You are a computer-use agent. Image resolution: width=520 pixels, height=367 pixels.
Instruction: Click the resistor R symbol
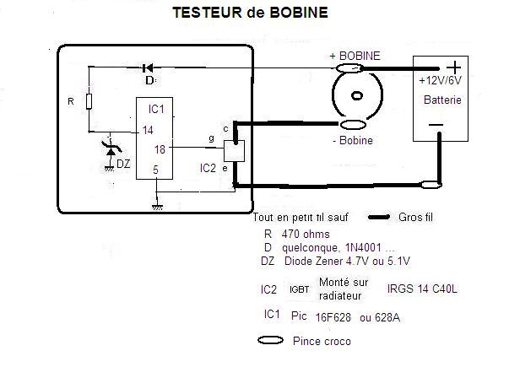88,103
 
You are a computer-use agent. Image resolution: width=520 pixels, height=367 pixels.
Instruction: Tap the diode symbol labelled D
149,67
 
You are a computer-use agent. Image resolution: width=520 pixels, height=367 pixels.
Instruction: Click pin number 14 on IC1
148,131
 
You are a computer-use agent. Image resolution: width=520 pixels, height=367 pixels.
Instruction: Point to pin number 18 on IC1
159,148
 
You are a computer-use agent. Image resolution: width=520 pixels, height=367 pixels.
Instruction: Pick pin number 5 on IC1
154,170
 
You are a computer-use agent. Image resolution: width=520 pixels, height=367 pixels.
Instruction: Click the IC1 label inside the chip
155,110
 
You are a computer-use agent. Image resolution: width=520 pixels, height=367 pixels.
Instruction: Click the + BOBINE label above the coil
355,56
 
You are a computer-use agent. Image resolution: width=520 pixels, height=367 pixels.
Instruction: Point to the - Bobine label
353,140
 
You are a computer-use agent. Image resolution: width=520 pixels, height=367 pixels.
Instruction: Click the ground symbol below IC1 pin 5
156,205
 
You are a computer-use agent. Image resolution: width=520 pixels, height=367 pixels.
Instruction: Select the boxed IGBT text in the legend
300,289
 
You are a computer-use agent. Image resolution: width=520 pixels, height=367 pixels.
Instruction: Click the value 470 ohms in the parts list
305,233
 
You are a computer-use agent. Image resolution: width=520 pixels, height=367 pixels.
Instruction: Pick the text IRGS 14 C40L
423,289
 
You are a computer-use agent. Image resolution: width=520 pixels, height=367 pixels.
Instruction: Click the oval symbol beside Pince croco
271,342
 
